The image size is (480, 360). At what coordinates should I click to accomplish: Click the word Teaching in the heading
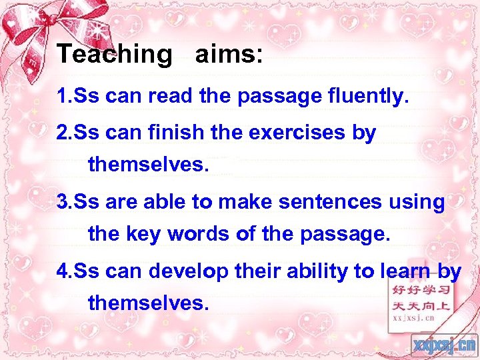pos(115,54)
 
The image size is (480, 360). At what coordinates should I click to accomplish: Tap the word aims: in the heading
pos(229,54)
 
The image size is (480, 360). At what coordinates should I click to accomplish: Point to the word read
pos(172,97)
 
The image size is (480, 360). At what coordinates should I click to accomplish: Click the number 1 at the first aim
pos(62,97)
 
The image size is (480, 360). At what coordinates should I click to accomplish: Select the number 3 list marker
pos(62,202)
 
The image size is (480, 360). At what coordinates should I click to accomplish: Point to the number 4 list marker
pos(62,271)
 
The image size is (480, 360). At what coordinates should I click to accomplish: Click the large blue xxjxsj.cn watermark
pos(443,344)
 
